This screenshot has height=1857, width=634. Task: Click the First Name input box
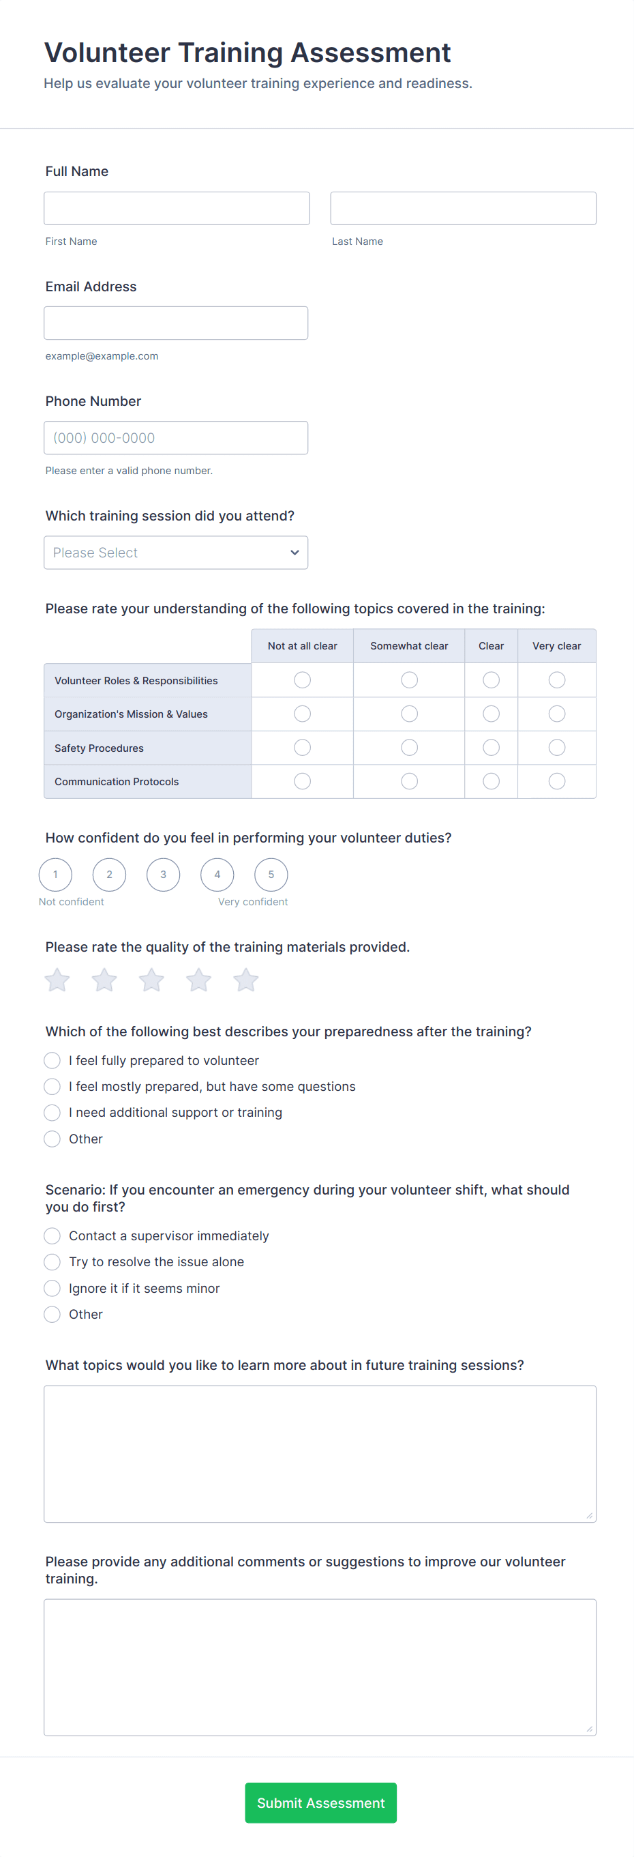(x=177, y=208)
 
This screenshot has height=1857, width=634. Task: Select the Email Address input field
(x=176, y=323)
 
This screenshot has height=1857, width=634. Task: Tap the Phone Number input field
(x=176, y=437)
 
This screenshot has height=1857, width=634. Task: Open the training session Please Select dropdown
(x=176, y=552)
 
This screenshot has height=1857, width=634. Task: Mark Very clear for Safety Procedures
(x=556, y=748)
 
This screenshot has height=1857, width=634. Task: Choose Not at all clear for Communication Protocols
(x=303, y=781)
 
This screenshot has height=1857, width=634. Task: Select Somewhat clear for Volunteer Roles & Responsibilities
(x=409, y=679)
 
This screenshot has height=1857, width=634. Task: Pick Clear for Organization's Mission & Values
(x=491, y=714)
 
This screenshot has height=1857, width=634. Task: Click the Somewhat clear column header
(x=409, y=646)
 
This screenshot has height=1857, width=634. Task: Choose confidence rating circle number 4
(x=217, y=875)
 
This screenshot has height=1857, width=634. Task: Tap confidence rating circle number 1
(x=55, y=875)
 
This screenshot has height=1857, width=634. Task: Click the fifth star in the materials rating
(x=245, y=980)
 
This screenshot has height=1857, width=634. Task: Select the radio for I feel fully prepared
(x=52, y=1060)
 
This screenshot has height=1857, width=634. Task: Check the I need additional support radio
(x=52, y=1112)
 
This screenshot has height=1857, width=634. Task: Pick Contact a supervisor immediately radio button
(x=52, y=1235)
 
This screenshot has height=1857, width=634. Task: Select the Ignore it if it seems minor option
(x=52, y=1288)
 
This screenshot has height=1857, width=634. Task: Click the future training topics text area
(x=320, y=1453)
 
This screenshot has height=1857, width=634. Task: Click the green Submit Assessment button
(x=320, y=1802)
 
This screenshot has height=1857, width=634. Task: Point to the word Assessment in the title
(x=370, y=53)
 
